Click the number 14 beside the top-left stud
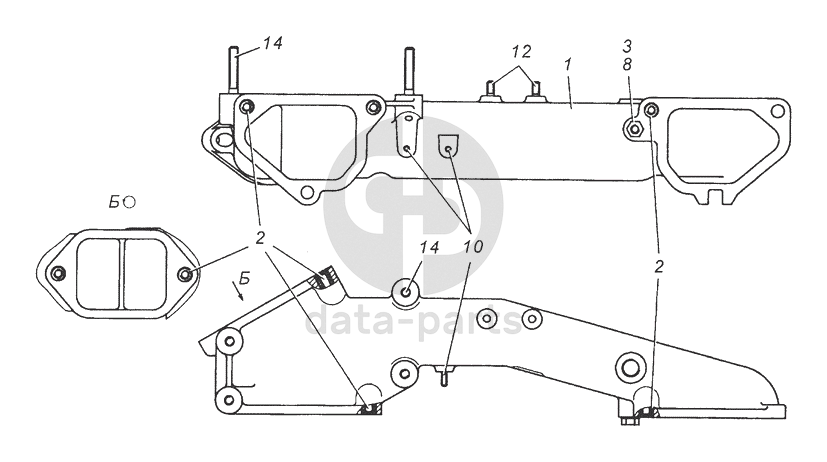click(x=273, y=43)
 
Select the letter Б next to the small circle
click(x=116, y=203)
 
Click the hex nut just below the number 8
click(x=632, y=127)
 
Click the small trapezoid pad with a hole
click(x=449, y=146)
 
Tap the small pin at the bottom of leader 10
click(x=447, y=376)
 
